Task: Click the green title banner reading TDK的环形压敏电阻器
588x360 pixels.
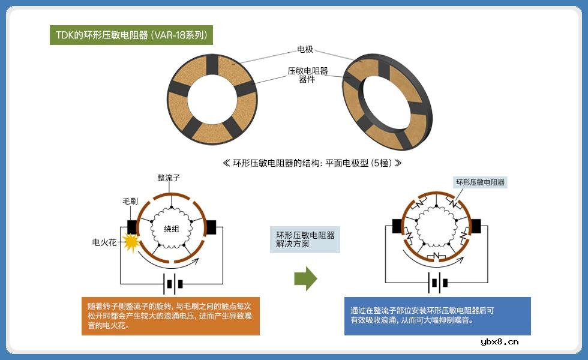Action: (x=131, y=35)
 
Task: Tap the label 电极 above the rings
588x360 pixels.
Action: (x=305, y=50)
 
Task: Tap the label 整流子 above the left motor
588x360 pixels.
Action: (x=169, y=178)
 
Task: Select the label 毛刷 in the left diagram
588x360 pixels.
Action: (x=131, y=202)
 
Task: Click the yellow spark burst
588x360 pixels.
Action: (x=130, y=241)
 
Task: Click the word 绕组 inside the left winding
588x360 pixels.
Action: (x=172, y=229)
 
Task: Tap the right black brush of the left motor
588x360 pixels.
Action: (x=211, y=227)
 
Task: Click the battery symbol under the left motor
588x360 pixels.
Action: (x=172, y=283)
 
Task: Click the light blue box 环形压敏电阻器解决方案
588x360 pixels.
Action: (x=305, y=239)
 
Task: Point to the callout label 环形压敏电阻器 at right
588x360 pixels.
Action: (x=480, y=182)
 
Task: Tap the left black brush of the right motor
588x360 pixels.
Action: (x=397, y=226)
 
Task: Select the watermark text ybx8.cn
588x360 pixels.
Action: (x=500, y=342)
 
